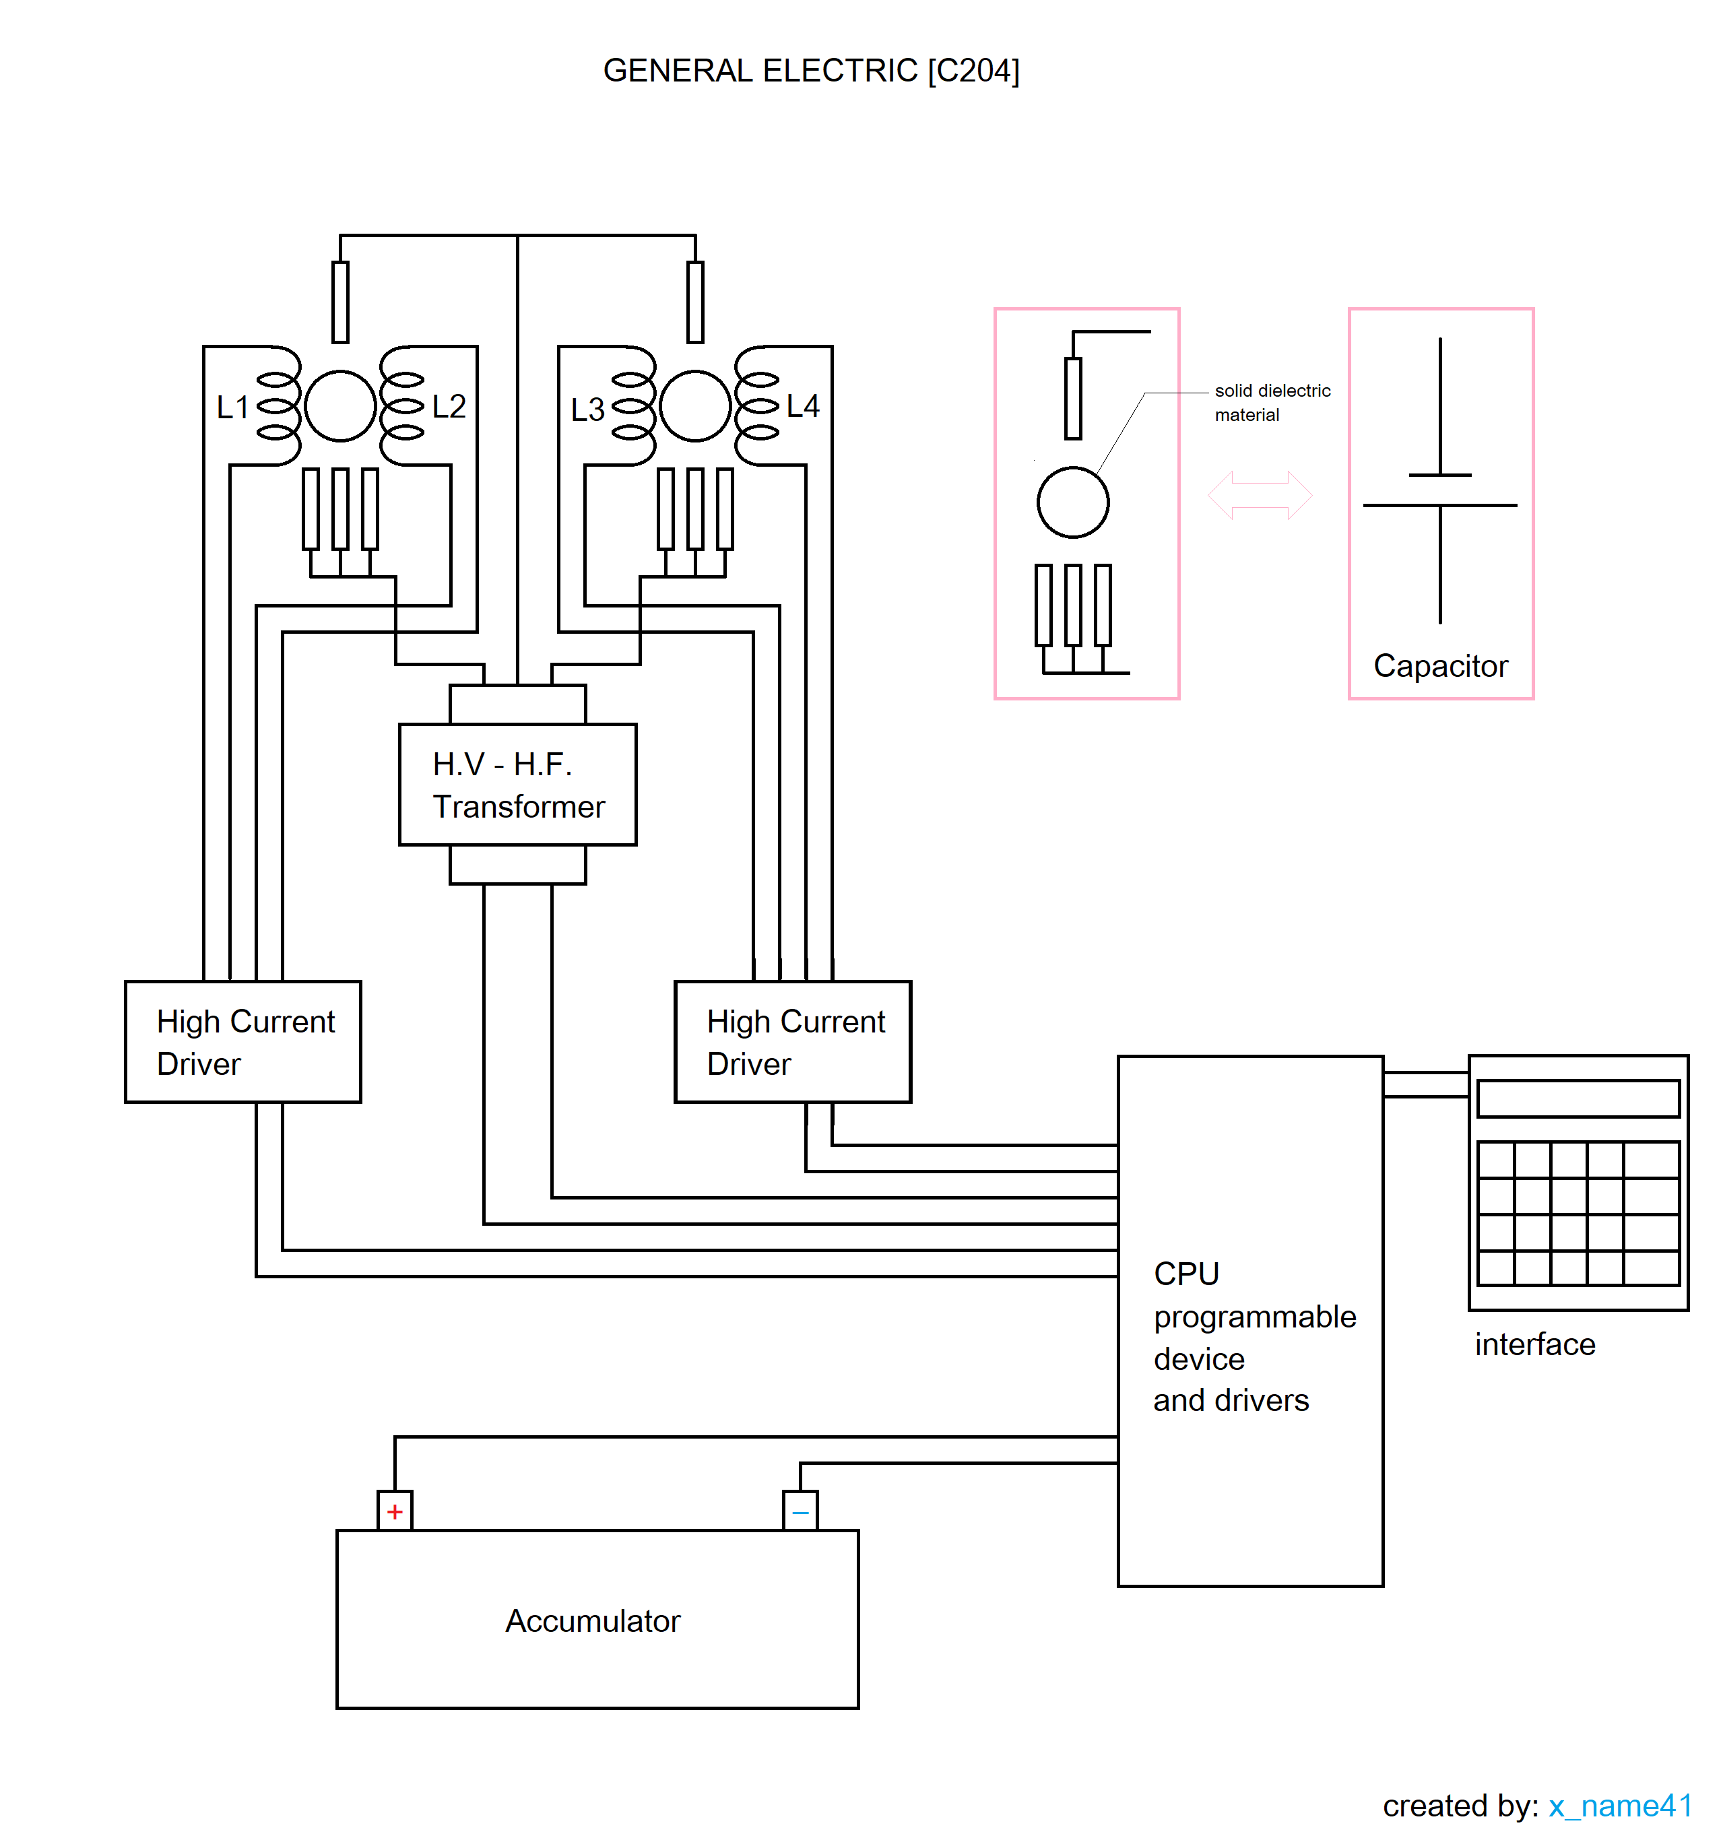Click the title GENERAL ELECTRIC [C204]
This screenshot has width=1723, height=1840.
(810, 70)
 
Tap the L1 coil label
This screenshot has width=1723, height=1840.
(232, 407)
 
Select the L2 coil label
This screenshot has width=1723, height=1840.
(449, 406)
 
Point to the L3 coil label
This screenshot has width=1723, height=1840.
(587, 409)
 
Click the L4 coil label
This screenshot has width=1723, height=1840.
(803, 406)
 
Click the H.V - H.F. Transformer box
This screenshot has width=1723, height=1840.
(517, 784)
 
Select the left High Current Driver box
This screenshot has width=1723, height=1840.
(242, 1041)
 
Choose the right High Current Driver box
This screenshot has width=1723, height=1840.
(793, 1041)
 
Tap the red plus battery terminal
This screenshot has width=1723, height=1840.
(395, 1511)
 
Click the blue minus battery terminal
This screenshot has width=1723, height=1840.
(800, 1511)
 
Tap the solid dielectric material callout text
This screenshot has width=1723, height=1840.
(1272, 403)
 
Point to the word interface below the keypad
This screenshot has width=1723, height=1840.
(1534, 1344)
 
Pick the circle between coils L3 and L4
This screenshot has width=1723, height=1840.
(694, 405)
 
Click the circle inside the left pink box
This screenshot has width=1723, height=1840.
(1072, 502)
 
